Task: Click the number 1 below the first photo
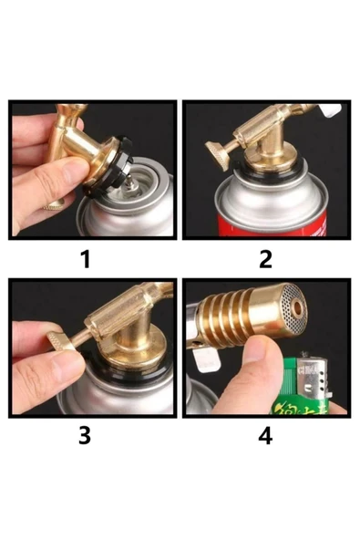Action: pyautogui.click(x=85, y=259)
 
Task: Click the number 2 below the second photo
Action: pyautogui.click(x=265, y=259)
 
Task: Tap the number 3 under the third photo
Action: pyautogui.click(x=85, y=435)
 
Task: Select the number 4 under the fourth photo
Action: pyautogui.click(x=265, y=435)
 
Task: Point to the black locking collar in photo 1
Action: pyautogui.click(x=109, y=173)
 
